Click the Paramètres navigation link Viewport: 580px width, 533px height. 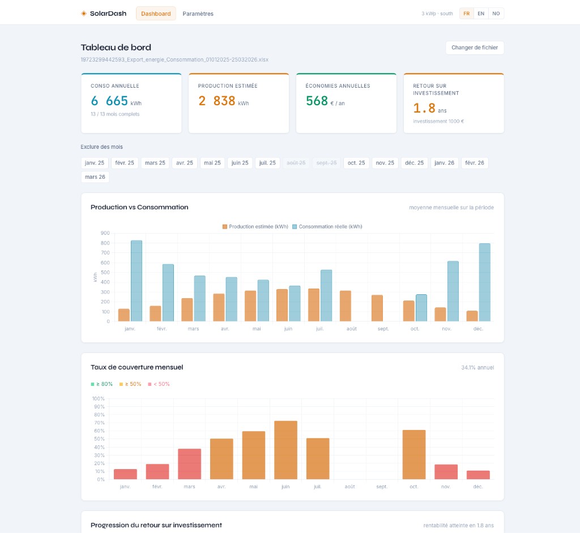point(198,14)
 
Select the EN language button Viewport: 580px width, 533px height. point(481,14)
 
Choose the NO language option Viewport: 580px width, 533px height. point(496,14)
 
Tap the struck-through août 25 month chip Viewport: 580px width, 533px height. point(296,163)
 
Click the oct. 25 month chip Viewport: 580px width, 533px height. point(356,163)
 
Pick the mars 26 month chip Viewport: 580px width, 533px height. point(95,177)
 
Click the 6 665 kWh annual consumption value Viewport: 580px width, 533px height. point(110,101)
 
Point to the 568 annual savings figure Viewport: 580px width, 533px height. point(317,101)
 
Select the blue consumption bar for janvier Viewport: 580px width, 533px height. point(137,281)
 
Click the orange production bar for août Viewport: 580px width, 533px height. point(346,306)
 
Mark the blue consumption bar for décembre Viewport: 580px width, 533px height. point(484,282)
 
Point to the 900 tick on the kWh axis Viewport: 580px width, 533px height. point(105,233)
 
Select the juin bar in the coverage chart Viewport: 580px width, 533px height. point(286,450)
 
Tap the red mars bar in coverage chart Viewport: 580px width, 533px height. point(190,464)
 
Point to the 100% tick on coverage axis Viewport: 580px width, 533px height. point(99,398)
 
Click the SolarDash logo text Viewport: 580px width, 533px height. point(108,14)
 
